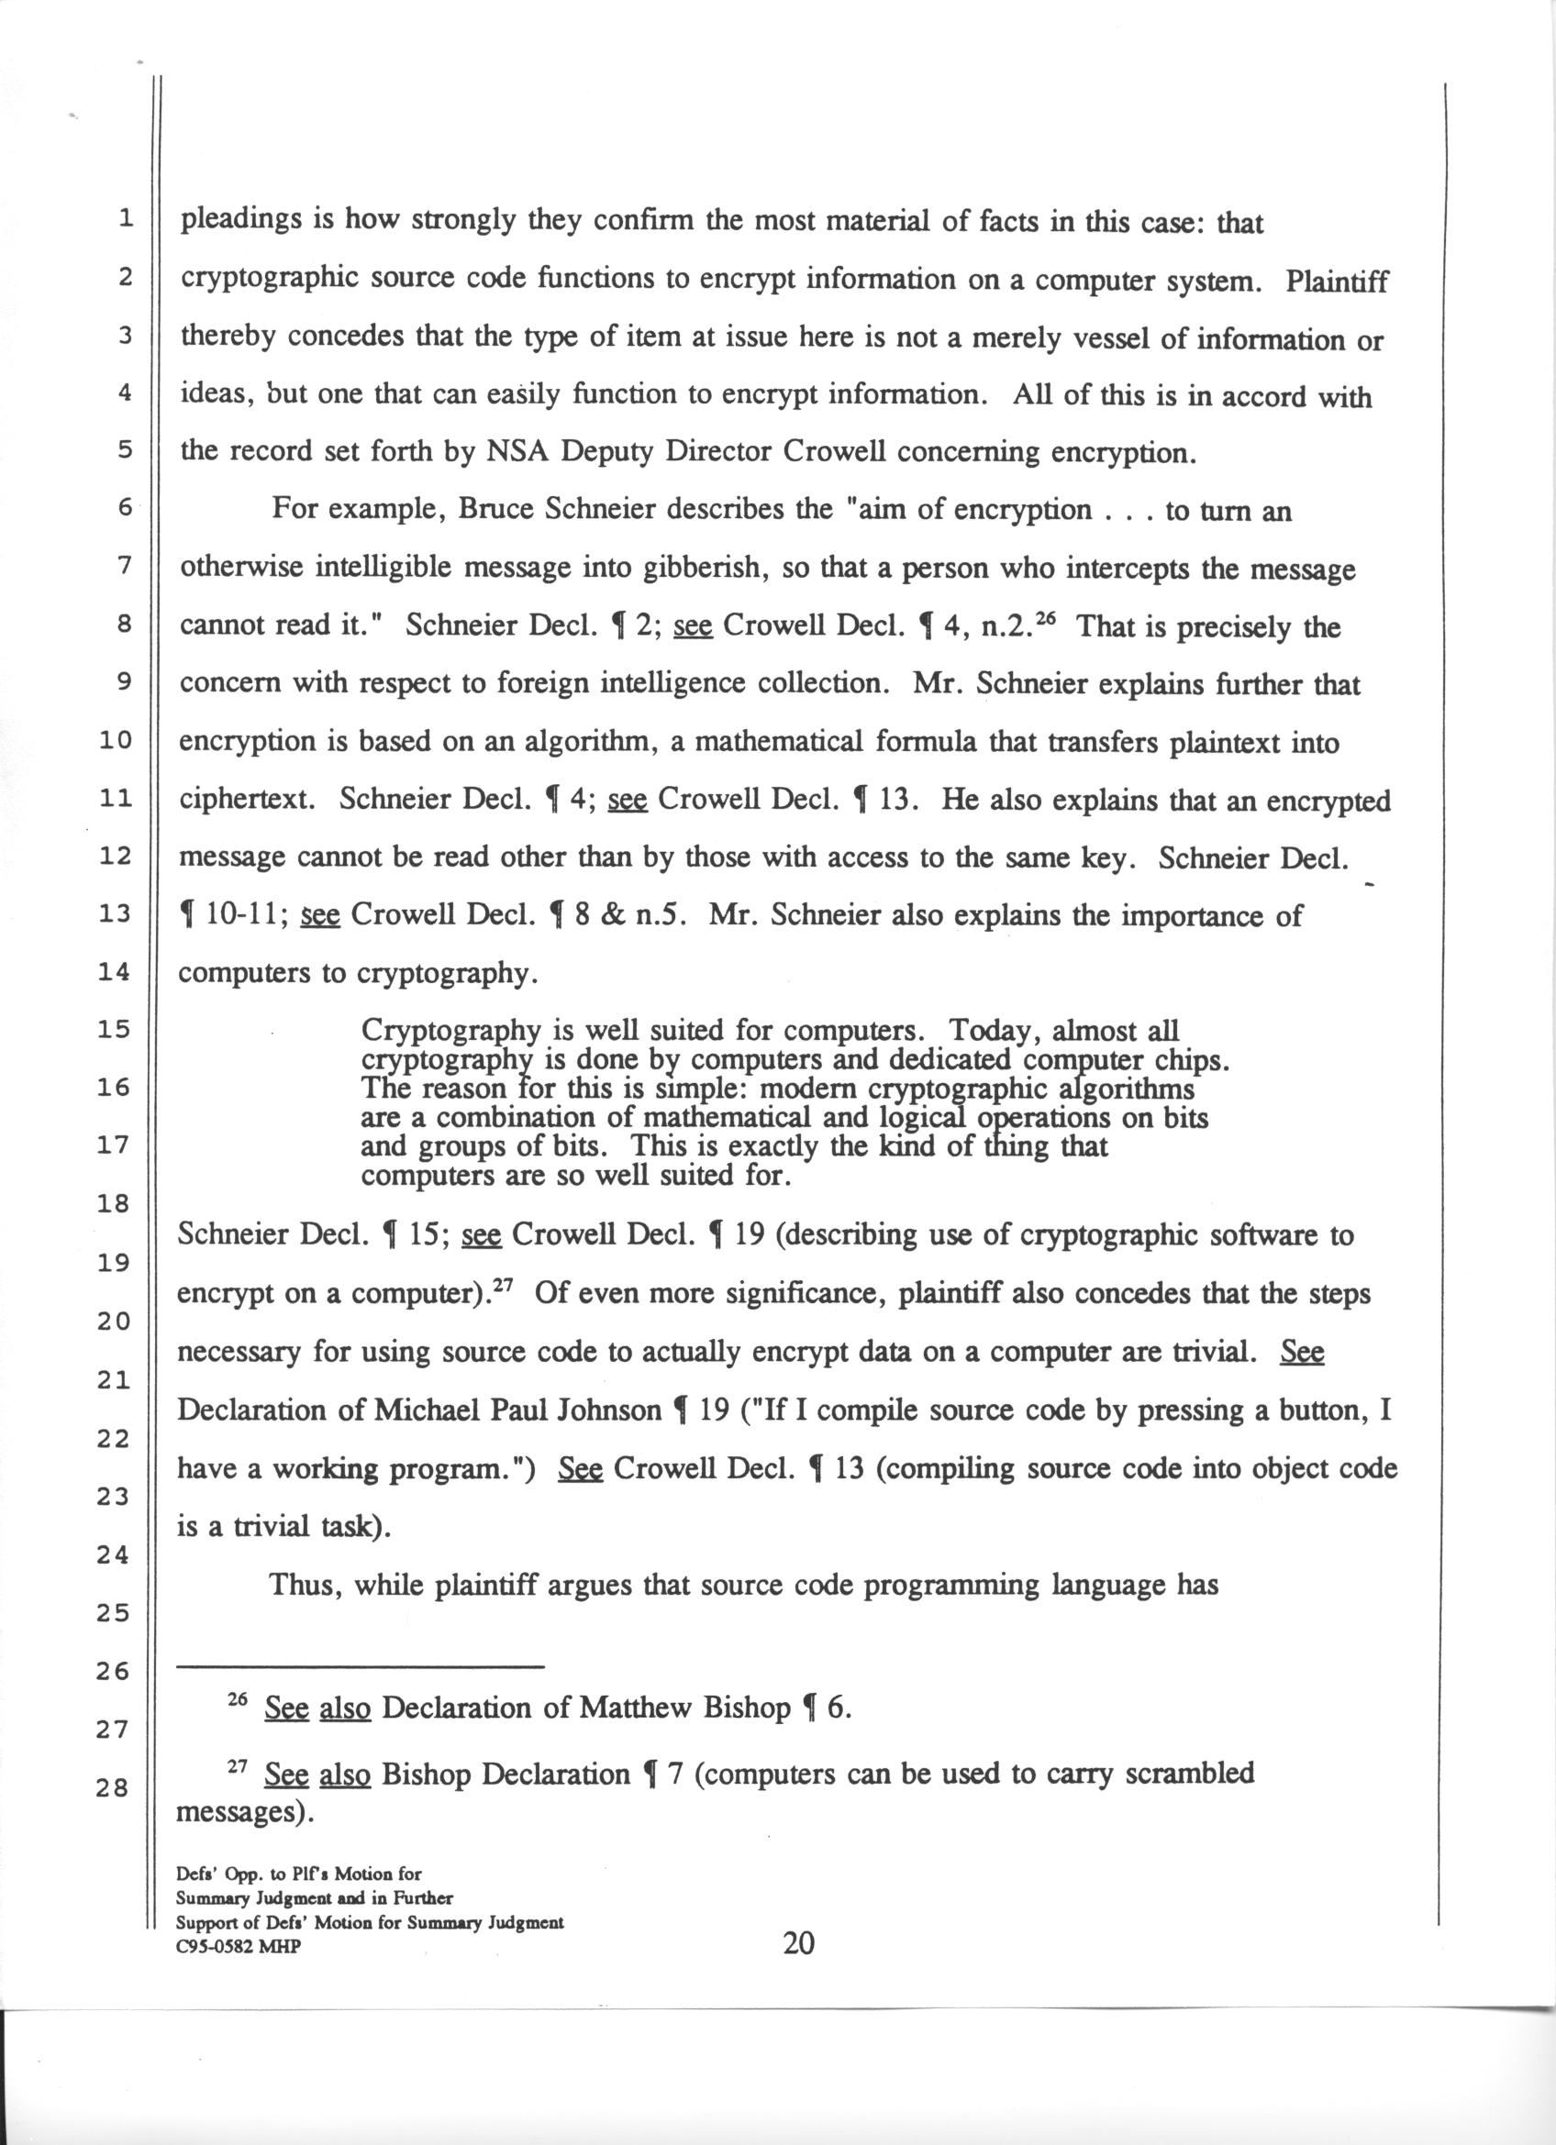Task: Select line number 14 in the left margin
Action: (x=114, y=971)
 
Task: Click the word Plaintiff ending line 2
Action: (x=1337, y=282)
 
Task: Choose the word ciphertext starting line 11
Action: (x=247, y=802)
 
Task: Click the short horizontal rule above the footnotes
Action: (x=361, y=1665)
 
